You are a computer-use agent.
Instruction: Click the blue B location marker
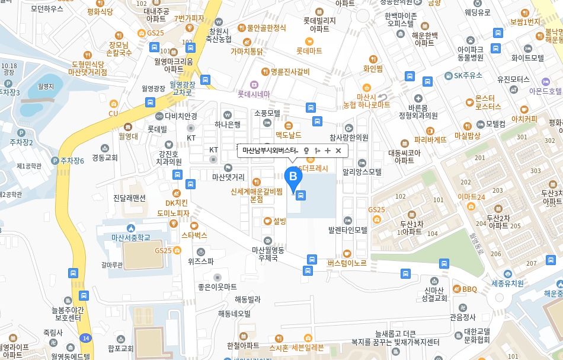(293, 176)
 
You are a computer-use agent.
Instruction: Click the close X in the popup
(338, 151)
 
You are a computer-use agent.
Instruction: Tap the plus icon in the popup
(328, 151)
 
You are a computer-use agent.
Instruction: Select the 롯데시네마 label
(254, 94)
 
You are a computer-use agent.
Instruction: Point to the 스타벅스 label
(194, 235)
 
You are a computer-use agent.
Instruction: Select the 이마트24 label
(472, 197)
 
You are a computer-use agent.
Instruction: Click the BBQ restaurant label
(469, 289)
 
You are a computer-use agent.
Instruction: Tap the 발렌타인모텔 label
(348, 229)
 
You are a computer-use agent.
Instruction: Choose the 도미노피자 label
(173, 213)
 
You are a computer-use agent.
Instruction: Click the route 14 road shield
(87, 337)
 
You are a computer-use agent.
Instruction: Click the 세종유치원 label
(508, 283)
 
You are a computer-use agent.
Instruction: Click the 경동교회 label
(105, 157)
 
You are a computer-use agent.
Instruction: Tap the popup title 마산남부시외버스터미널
(270, 151)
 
